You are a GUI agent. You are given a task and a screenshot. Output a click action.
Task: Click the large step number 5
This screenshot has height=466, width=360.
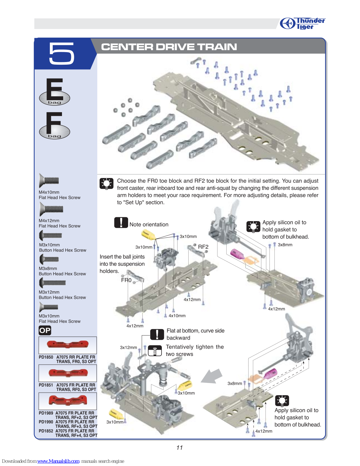pyautogui.click(x=61, y=53)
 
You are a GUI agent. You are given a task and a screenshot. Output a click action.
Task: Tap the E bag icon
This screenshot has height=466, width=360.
pyautogui.click(x=55, y=91)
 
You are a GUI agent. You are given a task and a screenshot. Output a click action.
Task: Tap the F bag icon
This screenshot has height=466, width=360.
pyautogui.click(x=55, y=125)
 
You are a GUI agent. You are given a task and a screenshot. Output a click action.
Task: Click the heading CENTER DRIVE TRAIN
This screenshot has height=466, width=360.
pyautogui.click(x=169, y=47)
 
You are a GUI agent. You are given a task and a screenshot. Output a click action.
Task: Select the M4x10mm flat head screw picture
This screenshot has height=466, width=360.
pyautogui.click(x=49, y=181)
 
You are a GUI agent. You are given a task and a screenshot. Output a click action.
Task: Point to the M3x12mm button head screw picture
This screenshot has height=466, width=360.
pyautogui.click(x=52, y=282)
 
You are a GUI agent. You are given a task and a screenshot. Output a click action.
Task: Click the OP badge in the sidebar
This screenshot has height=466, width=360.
pyautogui.click(x=45, y=330)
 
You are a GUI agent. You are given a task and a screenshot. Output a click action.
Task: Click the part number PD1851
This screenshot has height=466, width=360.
pyautogui.click(x=46, y=385)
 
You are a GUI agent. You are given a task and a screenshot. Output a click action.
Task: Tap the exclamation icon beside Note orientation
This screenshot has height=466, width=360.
pyautogui.click(x=121, y=223)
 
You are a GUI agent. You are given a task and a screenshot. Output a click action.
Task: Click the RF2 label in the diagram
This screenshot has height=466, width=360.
pyautogui.click(x=203, y=247)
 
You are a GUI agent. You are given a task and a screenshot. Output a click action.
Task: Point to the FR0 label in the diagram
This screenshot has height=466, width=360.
pyautogui.click(x=126, y=280)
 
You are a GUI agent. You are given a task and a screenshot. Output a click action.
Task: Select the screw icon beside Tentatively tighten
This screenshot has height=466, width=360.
pyautogui.click(x=155, y=351)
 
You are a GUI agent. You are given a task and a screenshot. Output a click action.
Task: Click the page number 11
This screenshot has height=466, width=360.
pyautogui.click(x=180, y=448)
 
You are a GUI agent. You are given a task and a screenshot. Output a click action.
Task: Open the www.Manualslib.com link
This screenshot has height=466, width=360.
pyautogui.click(x=58, y=461)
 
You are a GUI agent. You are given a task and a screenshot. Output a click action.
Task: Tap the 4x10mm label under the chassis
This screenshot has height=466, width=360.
pyautogui.click(x=177, y=316)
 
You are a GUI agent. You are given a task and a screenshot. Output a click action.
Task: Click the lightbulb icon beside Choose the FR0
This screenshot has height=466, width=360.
pyautogui.click(x=106, y=183)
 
